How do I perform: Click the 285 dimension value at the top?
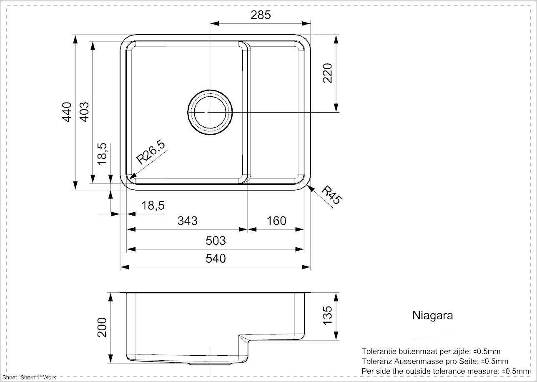pyautogui.click(x=261, y=15)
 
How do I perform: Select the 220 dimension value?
pyautogui.click(x=327, y=73)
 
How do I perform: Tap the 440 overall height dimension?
pyautogui.click(x=67, y=112)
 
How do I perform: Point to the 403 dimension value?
pyautogui.click(x=84, y=112)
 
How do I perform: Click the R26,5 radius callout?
pyautogui.click(x=151, y=153)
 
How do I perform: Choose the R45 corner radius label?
pyautogui.click(x=331, y=195)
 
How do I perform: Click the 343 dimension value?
pyautogui.click(x=188, y=221)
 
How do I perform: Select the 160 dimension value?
pyautogui.click(x=276, y=221)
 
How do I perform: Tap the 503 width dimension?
pyautogui.click(x=216, y=241)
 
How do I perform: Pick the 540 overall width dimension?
pyautogui.click(x=216, y=259)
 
